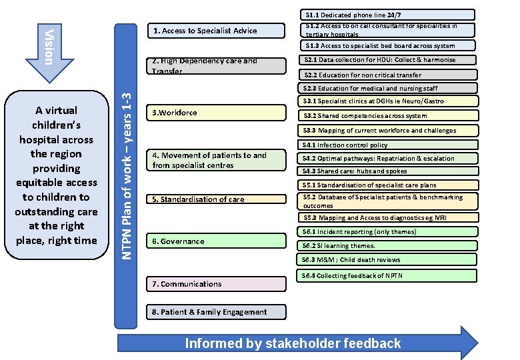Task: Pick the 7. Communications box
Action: tap(213, 284)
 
